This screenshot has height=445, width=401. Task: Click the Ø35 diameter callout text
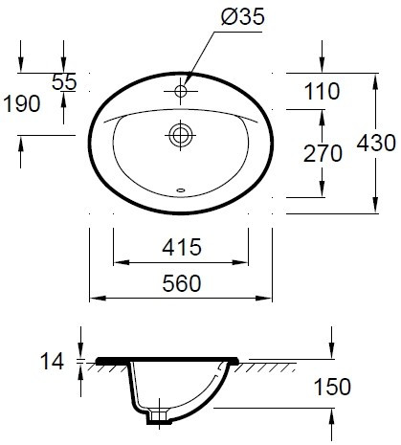coord(243,16)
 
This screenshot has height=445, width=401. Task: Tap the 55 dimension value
coord(64,82)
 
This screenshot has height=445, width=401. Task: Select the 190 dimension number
coord(22,103)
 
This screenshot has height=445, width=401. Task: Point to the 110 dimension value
coord(323,91)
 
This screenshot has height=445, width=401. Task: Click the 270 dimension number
coord(323,154)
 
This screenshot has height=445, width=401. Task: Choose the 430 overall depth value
coord(376,143)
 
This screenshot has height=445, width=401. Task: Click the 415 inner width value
coord(182,247)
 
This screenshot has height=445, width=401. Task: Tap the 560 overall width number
coord(182,283)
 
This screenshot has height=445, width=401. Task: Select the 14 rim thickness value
coord(52,362)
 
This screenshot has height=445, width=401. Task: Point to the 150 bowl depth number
coord(332,387)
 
